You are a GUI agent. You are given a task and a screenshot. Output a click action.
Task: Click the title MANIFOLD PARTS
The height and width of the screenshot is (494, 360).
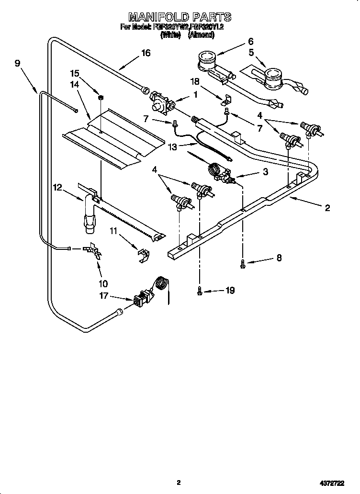pos(180,17)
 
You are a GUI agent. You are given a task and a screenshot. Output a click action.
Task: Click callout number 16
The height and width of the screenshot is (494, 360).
pos(145,53)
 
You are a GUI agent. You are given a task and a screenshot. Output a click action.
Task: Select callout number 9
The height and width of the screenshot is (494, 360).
pos(18,63)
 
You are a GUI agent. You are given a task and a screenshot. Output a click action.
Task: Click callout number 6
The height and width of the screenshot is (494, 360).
pos(250,41)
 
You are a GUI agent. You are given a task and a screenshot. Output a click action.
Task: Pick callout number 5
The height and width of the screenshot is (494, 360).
pos(251,52)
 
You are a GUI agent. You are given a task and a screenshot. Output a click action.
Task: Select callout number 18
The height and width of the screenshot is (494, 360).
pos(195,82)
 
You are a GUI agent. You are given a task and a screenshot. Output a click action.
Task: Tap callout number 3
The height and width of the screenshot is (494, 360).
pos(265,171)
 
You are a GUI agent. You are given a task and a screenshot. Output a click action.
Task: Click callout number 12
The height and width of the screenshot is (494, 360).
pos(57,188)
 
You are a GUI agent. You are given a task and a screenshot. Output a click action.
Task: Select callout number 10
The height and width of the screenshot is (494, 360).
pos(102,283)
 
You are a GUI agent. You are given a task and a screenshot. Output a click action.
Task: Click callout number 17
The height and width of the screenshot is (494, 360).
pos(103,296)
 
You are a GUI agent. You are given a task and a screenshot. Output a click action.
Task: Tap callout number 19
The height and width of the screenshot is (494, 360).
pos(230,290)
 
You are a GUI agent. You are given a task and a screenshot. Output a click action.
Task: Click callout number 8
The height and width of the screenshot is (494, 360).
pos(278,258)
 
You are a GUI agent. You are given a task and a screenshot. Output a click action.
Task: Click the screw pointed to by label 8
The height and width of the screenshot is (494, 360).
pos(243,262)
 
